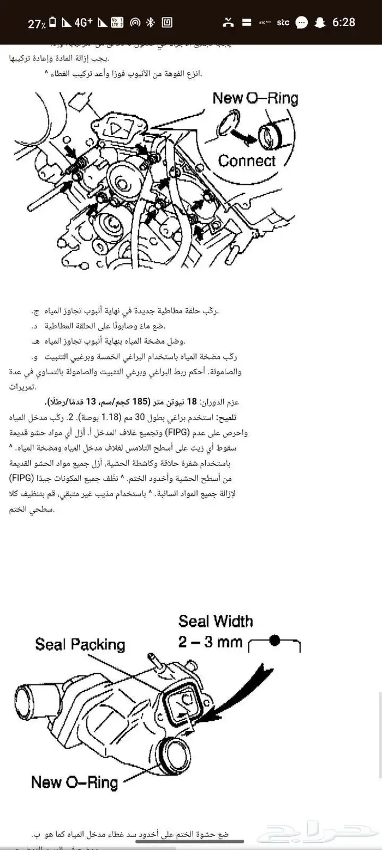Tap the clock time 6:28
click(x=343, y=22)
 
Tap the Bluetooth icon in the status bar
click(x=151, y=22)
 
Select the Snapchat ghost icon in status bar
click(x=320, y=22)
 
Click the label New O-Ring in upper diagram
click(x=255, y=98)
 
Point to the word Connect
click(x=247, y=160)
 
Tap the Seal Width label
click(x=216, y=621)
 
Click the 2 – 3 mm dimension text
click(x=210, y=642)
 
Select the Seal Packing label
click(x=80, y=644)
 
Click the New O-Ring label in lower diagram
click(x=74, y=782)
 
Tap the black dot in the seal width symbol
click(x=275, y=640)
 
